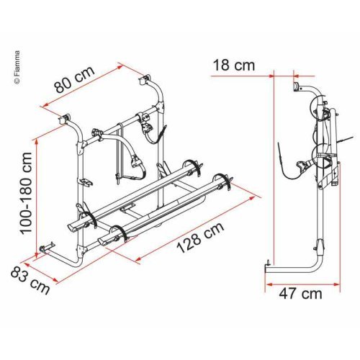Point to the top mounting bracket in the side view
[x=297, y=86]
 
